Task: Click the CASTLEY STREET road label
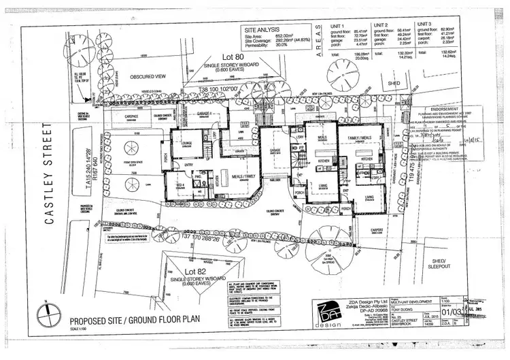tap(48, 173)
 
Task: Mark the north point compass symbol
tap(46, 319)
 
